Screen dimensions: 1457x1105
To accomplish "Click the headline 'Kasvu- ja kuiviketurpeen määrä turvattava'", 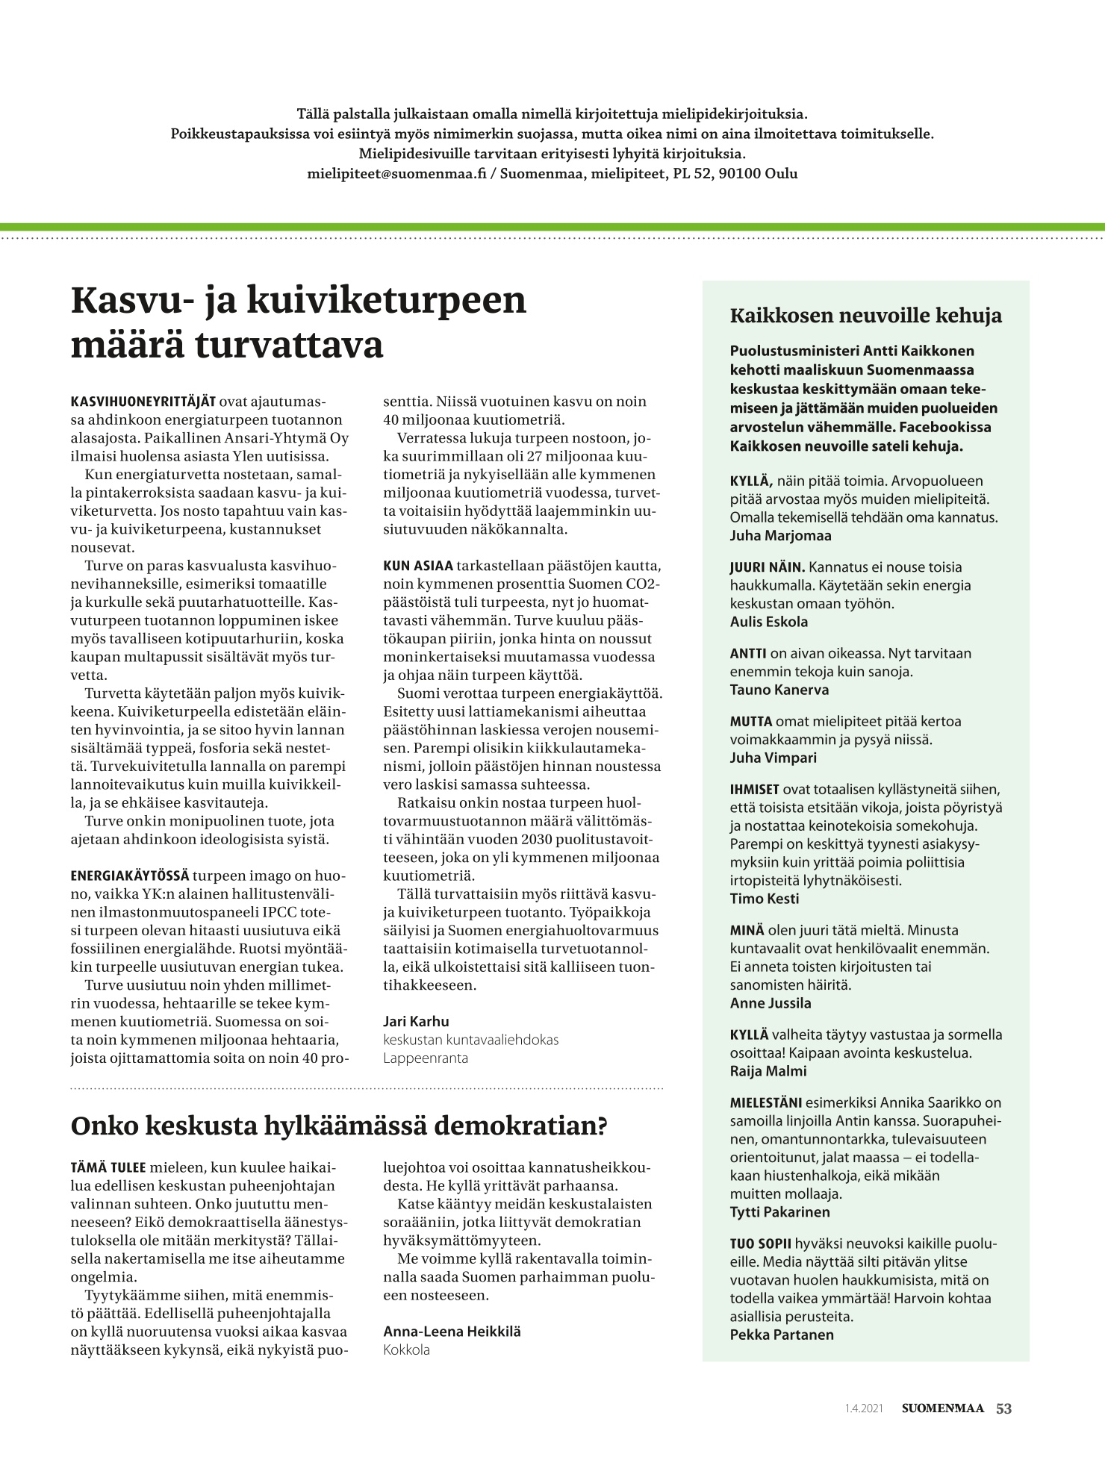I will tap(299, 322).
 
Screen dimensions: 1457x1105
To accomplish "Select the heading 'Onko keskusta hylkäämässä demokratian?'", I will tap(338, 1126).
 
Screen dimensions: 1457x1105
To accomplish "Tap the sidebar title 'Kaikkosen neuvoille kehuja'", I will tap(865, 316).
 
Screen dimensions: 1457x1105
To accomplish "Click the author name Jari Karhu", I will tap(416, 1021).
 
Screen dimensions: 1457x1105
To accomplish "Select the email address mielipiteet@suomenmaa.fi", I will tap(396, 174).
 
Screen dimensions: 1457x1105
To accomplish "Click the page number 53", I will tap(1003, 1408).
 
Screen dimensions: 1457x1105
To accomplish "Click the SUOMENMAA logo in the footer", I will tap(942, 1408).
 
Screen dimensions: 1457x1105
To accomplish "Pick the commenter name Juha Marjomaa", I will tap(780, 535).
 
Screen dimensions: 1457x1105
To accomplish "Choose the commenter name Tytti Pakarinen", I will tap(779, 1212).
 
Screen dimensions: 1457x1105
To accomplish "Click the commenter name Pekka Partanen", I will tap(781, 1335).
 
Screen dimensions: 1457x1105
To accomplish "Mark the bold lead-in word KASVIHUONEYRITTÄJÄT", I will tap(143, 402).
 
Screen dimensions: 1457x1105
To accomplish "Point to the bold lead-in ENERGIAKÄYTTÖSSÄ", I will tap(130, 875).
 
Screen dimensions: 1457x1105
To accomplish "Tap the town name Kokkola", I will tap(406, 1350).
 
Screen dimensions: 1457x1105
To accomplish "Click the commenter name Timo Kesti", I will tap(764, 899).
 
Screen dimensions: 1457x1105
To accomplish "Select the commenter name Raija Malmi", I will tap(768, 1071).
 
